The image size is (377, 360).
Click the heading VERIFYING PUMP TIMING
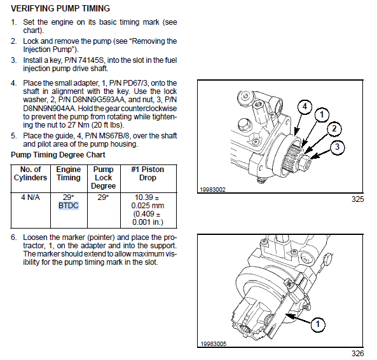[x=60, y=8]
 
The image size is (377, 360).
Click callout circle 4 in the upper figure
[x=305, y=106]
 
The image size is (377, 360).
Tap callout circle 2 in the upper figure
[x=334, y=129]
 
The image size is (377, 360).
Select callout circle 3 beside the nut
[x=337, y=147]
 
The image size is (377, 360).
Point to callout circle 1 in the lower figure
[x=318, y=324]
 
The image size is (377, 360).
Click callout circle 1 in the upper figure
[x=322, y=115]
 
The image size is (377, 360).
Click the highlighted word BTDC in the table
[x=69, y=206]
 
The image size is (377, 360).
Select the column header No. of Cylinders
[x=31, y=173]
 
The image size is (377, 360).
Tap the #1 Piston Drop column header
[x=147, y=173]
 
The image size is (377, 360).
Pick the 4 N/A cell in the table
[x=31, y=197]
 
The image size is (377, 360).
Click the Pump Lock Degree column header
[x=104, y=178]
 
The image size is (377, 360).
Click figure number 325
[x=358, y=199]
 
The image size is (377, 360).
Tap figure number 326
[x=358, y=354]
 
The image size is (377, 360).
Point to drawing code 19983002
[x=213, y=190]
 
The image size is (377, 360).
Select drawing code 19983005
[x=214, y=344]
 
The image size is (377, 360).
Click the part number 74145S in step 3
[x=92, y=60]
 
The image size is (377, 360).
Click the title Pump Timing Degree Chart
[x=58, y=155]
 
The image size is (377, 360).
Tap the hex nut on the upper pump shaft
[x=304, y=163]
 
